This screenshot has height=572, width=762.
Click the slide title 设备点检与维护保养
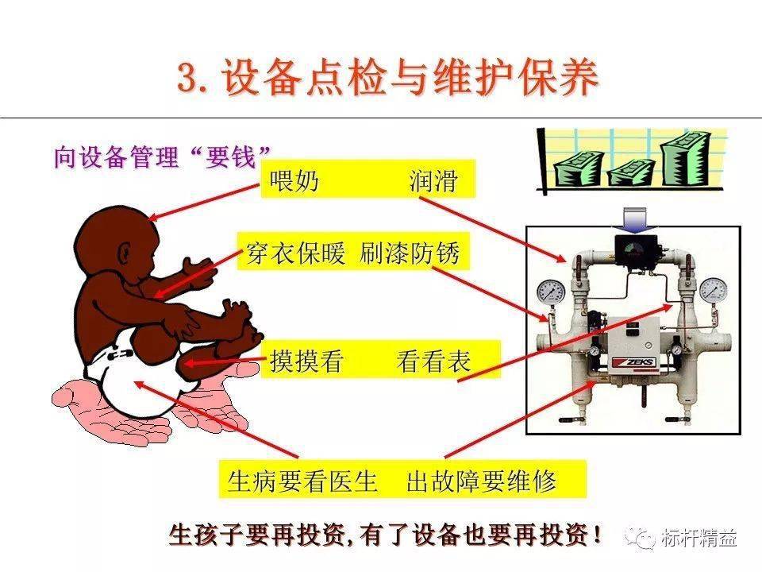coord(410,77)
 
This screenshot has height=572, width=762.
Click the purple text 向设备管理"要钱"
coord(162,157)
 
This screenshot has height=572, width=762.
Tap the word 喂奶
coord(294,180)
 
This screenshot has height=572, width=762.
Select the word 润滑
coord(433,180)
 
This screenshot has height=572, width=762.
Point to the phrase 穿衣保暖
coord(296,253)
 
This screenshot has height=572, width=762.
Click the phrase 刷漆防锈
coord(410,253)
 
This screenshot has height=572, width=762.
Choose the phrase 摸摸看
coord(306,361)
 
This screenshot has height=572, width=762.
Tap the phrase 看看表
coord(434,361)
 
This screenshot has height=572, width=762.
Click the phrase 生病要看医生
coord(302,481)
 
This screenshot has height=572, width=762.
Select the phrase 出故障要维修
coord(481,481)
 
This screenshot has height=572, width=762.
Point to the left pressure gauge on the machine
coord(551,292)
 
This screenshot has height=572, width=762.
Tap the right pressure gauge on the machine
coord(714,291)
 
